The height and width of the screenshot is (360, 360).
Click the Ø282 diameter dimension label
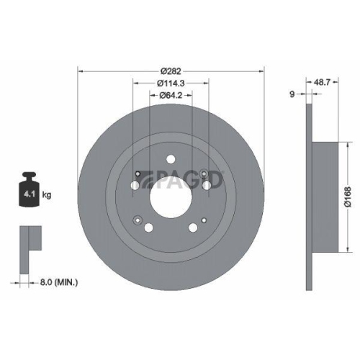coord(171,71)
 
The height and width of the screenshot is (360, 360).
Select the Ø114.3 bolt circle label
coord(171,83)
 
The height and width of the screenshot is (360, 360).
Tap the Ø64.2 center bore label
coord(171,95)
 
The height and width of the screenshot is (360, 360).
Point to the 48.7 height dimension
coord(323,83)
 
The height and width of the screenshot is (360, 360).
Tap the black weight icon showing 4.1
coord(30,190)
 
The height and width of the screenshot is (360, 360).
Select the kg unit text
coord(48,194)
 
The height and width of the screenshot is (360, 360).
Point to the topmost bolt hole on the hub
coord(171,160)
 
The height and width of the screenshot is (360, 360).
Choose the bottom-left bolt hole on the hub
coord(149,228)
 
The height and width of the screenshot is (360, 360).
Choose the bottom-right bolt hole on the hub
coord(192,228)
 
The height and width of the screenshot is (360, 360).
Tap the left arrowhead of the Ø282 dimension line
coord(80,71)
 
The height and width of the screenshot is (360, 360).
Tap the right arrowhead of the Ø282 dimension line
coord(261,71)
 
